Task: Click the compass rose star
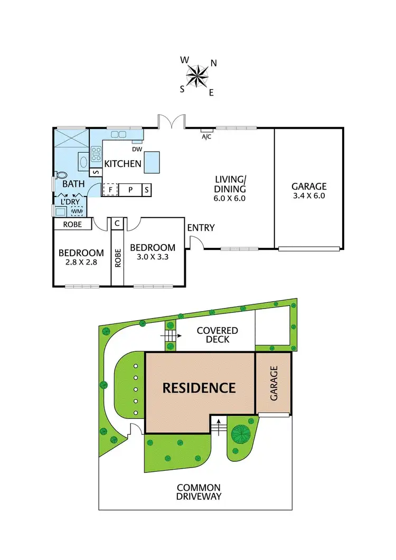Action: coord(198,76)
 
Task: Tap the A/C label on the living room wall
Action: coord(207,136)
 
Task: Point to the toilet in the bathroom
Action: coord(61,175)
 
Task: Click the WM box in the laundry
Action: coord(77,211)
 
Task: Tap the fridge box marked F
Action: coord(110,190)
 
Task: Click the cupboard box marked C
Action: coord(117,223)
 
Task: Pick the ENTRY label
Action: coord(201,228)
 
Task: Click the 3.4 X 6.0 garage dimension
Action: coord(309,195)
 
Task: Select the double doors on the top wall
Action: coord(171,121)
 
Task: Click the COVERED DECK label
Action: coord(217,335)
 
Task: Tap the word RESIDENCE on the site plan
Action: coord(199,388)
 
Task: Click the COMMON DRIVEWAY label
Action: coord(199,492)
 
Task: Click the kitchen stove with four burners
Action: coord(97,154)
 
